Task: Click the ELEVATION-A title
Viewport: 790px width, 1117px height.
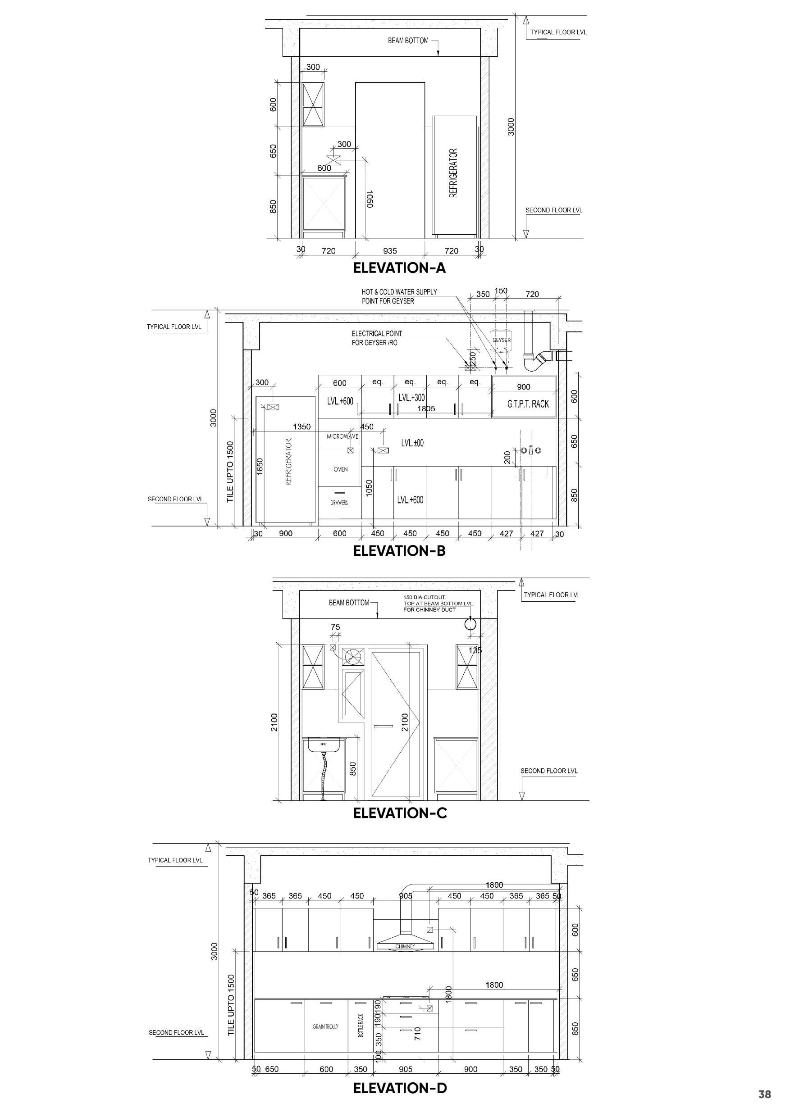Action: [x=399, y=268]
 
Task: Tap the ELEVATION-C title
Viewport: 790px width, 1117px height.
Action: [x=400, y=813]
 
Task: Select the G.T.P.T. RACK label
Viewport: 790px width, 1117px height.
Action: [x=528, y=404]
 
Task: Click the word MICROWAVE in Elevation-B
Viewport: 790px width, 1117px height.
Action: [x=342, y=436]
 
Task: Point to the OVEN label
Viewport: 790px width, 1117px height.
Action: [x=341, y=469]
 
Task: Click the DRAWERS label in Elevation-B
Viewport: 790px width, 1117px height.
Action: [x=339, y=503]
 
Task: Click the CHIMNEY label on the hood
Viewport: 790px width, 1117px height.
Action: [x=405, y=946]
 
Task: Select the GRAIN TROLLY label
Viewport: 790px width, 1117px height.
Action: [x=325, y=1026]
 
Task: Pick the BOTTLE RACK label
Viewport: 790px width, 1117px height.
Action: [x=361, y=1026]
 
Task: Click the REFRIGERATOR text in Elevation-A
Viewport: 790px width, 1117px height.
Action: [x=454, y=173]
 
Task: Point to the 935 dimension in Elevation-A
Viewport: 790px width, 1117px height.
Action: [x=390, y=251]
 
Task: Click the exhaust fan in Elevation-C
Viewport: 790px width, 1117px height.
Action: [x=352, y=657]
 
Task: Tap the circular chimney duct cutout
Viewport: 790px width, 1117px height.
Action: [x=470, y=623]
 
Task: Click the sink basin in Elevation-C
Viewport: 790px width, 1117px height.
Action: [x=323, y=745]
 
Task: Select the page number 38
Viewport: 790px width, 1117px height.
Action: [x=765, y=1094]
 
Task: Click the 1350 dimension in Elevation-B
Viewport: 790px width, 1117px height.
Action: [x=302, y=427]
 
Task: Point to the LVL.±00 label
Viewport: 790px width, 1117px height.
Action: [x=412, y=443]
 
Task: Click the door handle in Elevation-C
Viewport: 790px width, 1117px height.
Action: [x=383, y=727]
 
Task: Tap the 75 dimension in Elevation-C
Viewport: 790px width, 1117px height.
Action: [x=335, y=627]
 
